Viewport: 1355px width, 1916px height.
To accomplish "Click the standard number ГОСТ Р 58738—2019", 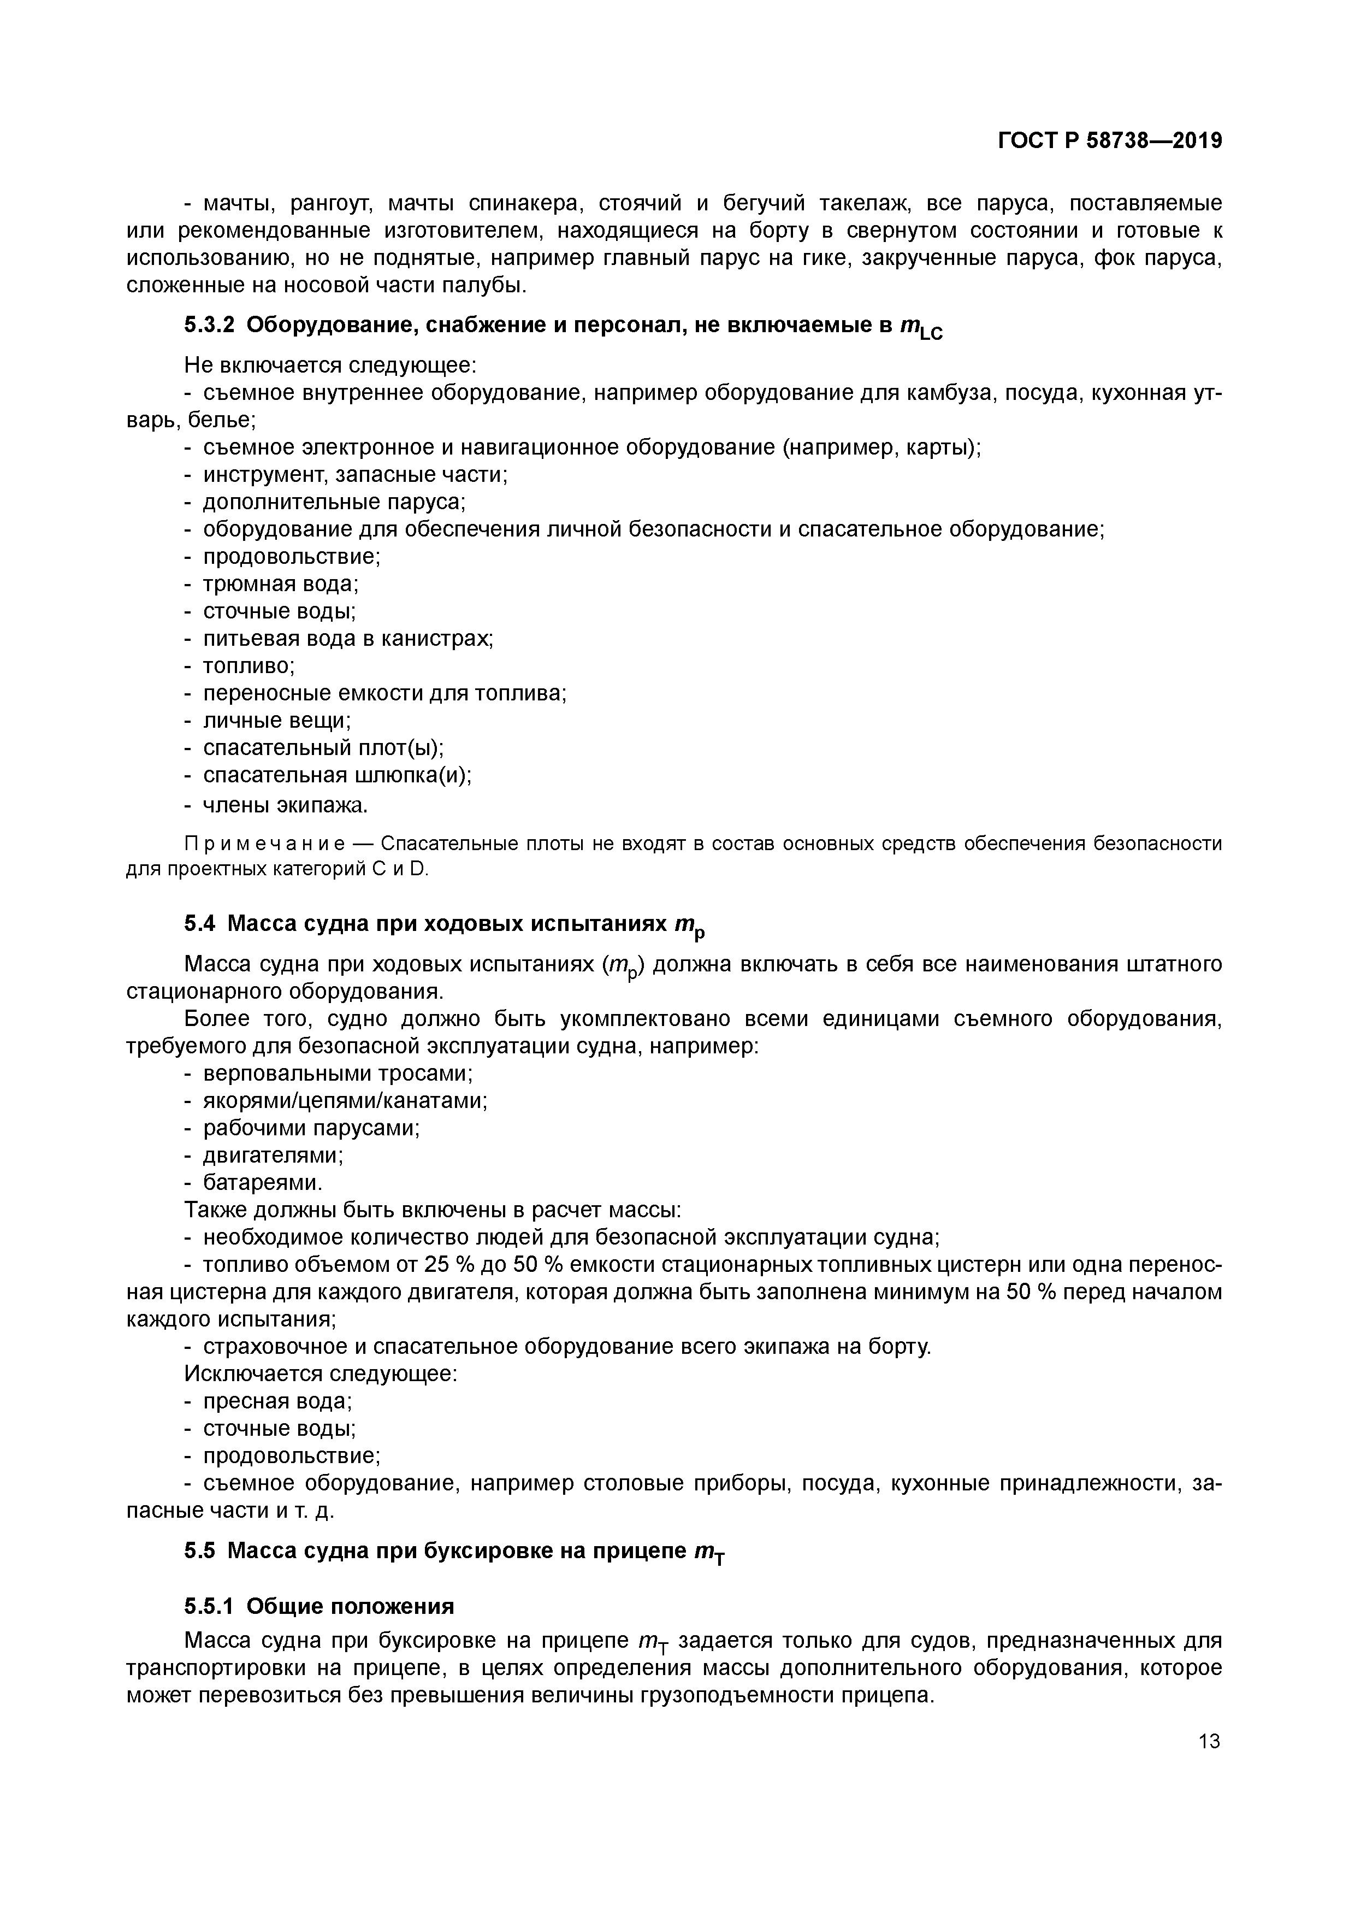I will pyautogui.click(x=1110, y=141).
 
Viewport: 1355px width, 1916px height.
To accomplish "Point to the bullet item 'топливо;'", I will pyautogui.click(x=248, y=666).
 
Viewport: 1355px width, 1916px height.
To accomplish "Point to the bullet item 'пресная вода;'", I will pyautogui.click(x=277, y=1401).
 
